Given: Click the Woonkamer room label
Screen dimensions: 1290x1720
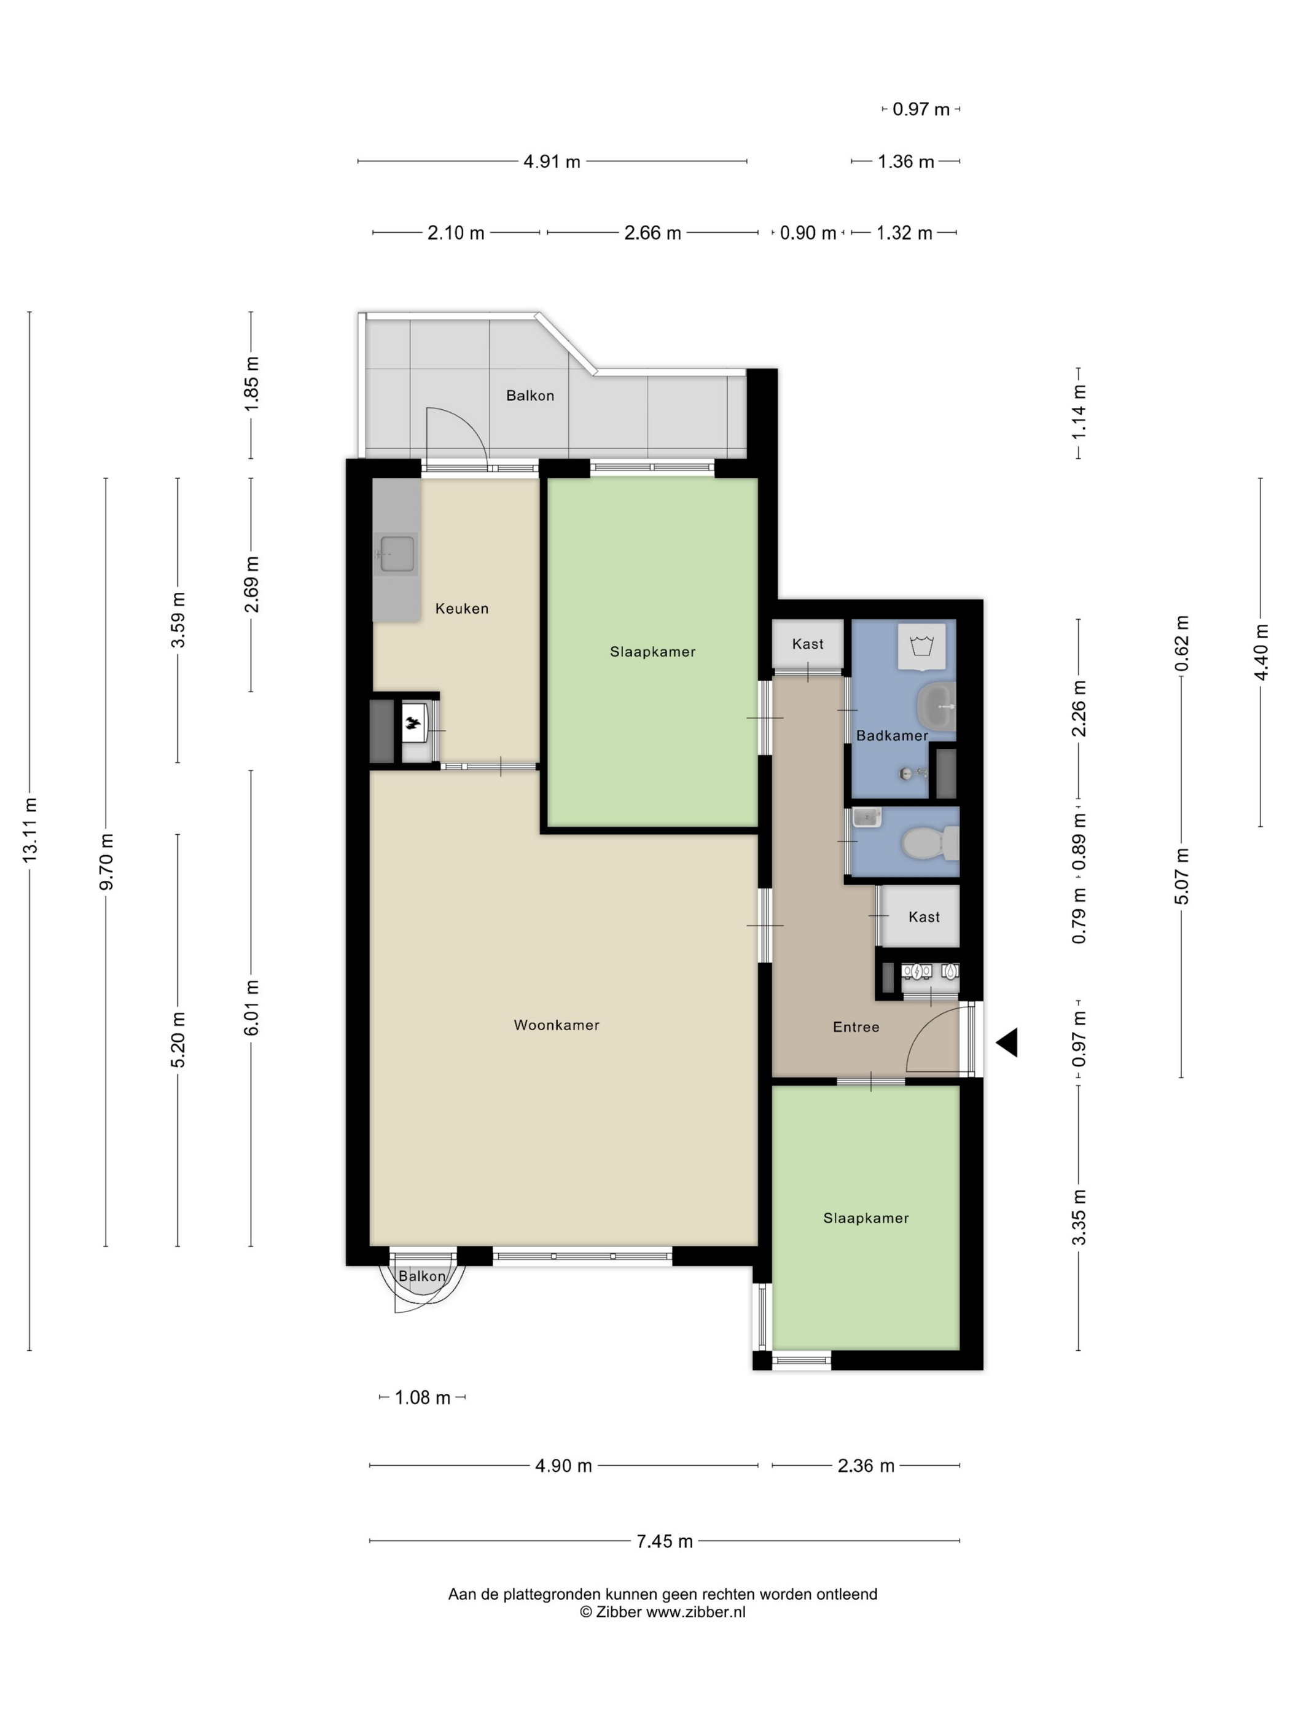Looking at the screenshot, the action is (x=556, y=1025).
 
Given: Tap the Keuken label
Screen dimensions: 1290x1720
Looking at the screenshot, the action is (x=462, y=608).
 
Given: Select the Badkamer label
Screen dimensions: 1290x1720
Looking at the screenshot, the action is (x=892, y=735).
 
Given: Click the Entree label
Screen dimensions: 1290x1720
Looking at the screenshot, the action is (x=856, y=1026).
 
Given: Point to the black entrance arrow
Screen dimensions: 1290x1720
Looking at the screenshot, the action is (x=1008, y=1042).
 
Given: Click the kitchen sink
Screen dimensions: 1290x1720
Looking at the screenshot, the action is (x=397, y=553).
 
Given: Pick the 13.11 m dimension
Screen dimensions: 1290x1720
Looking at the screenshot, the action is (x=29, y=830).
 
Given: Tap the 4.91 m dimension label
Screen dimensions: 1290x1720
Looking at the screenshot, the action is (x=551, y=162).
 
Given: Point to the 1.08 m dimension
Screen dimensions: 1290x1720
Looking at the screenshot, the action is (x=422, y=1397).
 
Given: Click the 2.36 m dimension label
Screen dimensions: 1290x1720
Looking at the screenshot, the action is (x=866, y=1466).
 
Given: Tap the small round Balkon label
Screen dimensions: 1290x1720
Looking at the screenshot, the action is (x=422, y=1276).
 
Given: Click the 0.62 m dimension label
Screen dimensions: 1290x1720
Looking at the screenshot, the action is (x=1182, y=643).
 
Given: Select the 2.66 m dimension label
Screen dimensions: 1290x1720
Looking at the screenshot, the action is (x=652, y=232).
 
